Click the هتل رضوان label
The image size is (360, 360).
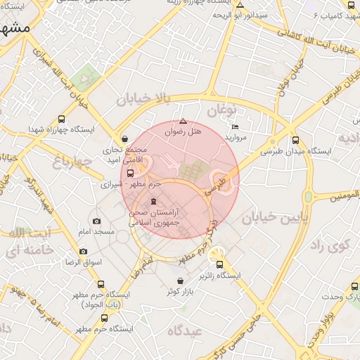(183, 131)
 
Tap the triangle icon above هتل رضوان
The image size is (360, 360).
(183, 121)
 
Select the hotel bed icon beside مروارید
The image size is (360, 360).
(235, 127)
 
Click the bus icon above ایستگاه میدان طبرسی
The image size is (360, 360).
(295, 140)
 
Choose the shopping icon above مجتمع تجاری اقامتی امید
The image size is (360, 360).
(124, 139)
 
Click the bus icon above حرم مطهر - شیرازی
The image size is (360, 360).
(130, 173)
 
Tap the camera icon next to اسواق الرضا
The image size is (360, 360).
(84, 252)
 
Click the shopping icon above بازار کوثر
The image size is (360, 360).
(181, 281)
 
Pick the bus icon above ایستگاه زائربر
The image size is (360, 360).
(220, 265)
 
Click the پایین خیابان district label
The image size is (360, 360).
(276, 219)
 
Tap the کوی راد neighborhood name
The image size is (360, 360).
(327, 246)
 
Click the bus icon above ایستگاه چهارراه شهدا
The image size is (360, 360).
(62, 120)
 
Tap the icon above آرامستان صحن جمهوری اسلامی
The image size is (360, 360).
(154, 202)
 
